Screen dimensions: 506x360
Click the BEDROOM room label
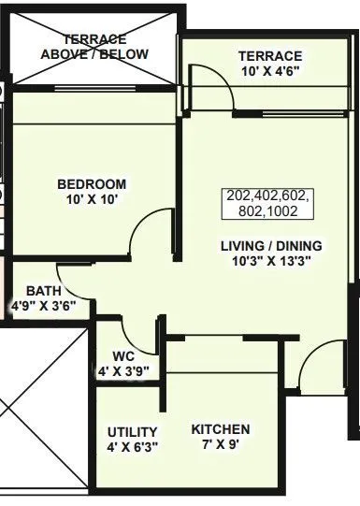coord(91,184)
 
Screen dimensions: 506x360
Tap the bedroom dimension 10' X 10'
coord(91,199)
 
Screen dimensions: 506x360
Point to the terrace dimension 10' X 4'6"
coord(268,71)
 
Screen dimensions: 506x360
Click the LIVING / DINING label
coord(271,245)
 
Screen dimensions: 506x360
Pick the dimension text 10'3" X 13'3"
coord(271,261)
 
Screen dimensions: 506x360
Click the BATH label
coord(43,291)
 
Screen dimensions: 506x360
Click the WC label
coord(123,356)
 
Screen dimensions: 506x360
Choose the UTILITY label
coord(132,431)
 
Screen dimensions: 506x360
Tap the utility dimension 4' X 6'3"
coord(132,447)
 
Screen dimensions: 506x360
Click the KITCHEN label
coord(221,429)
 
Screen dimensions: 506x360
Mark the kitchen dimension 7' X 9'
coord(221,445)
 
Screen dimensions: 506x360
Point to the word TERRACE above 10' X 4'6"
coord(268,56)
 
